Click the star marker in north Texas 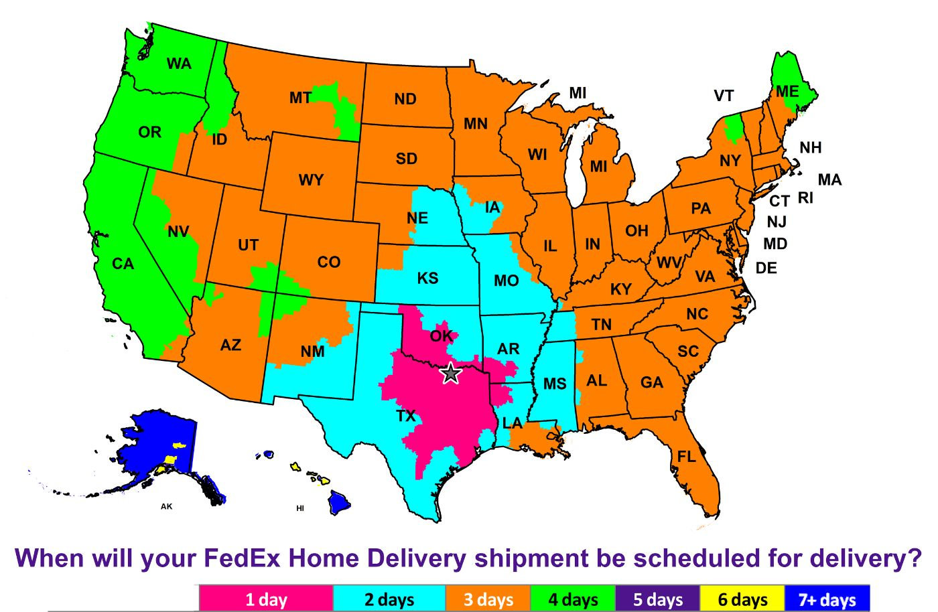451,373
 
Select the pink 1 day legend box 266,599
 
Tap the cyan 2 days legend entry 389,599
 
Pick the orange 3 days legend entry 488,599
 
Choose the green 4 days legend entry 573,599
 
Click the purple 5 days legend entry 658,599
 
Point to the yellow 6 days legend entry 742,599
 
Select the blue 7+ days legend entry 827,599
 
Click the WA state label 179,64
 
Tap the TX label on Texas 406,416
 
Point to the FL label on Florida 686,457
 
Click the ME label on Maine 787,91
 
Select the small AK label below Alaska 166,507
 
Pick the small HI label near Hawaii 300,508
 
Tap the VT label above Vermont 724,96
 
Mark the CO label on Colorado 328,262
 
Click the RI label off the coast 805,198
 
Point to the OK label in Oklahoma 441,335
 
